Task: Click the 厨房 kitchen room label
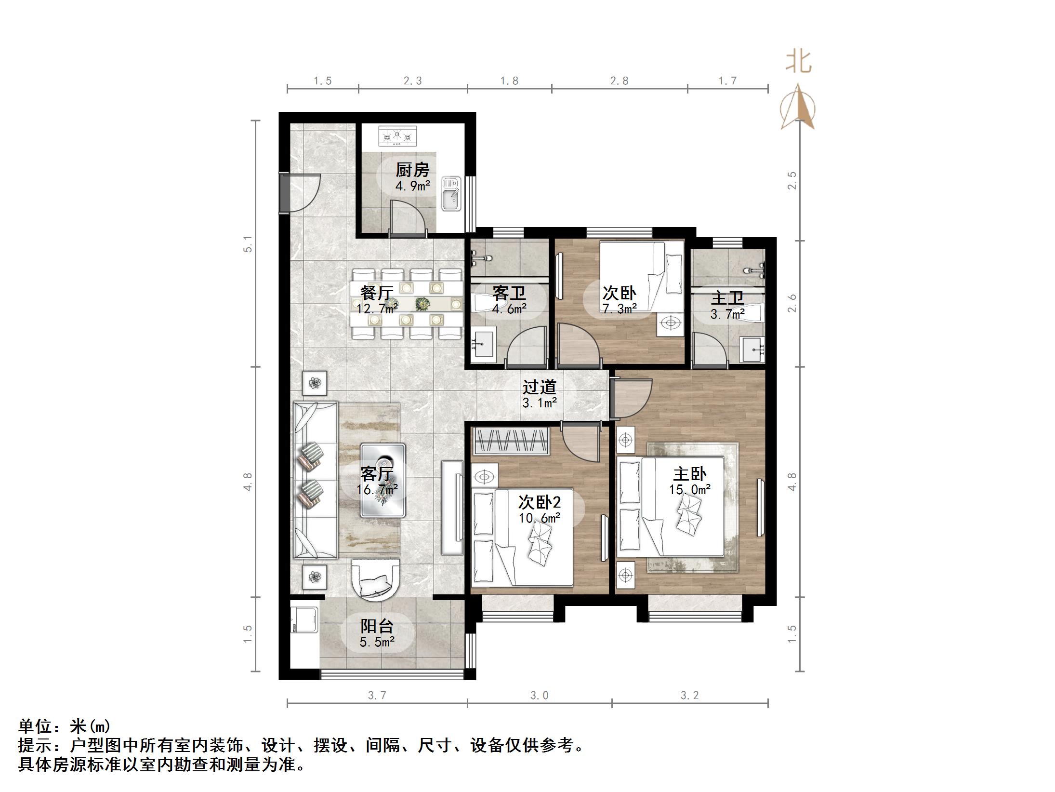(x=412, y=170)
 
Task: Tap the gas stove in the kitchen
(x=397, y=136)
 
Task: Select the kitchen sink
(x=451, y=194)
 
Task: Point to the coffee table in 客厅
(x=383, y=480)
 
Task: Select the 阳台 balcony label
(x=377, y=626)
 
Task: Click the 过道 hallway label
(x=540, y=387)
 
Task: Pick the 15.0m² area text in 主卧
(x=690, y=490)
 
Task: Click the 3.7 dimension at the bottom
(x=377, y=695)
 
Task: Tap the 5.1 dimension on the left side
(x=248, y=244)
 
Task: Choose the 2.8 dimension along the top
(x=619, y=81)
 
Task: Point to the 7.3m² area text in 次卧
(x=620, y=309)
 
